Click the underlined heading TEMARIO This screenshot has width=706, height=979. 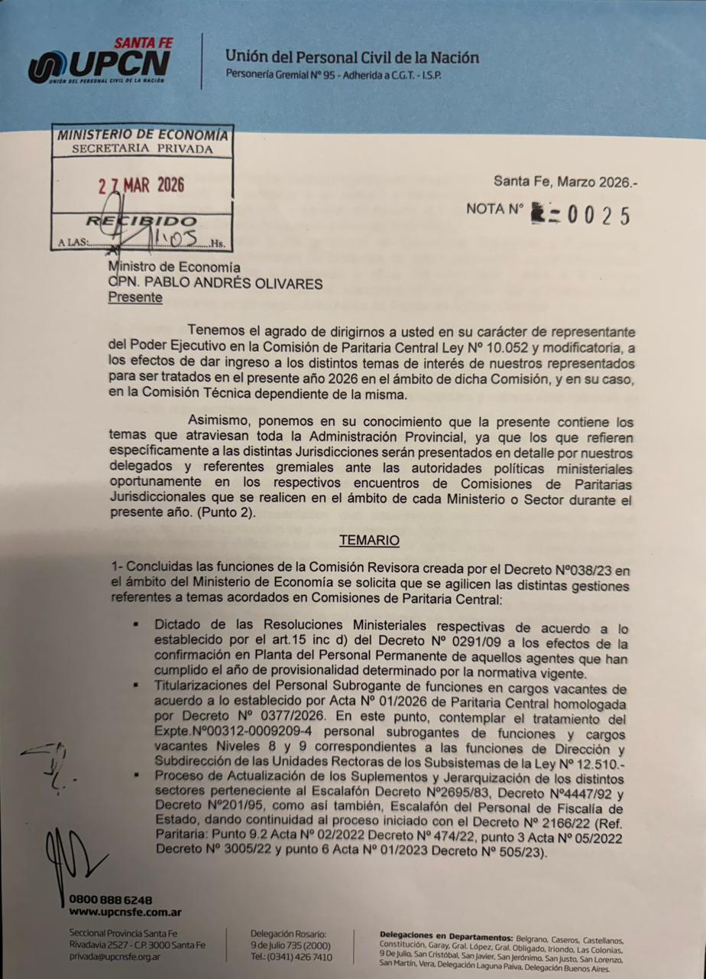click(x=369, y=540)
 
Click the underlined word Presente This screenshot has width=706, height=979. click(x=135, y=298)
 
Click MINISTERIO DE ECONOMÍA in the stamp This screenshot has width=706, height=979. click(x=142, y=135)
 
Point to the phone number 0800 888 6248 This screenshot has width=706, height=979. click(x=111, y=899)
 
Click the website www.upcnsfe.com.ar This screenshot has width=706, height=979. click(x=125, y=912)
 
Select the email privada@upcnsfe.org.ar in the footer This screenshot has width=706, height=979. click(x=115, y=957)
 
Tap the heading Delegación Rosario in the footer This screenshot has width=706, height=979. click(x=288, y=934)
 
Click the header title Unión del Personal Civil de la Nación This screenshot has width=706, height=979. click(x=352, y=57)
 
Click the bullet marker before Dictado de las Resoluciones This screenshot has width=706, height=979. click(x=135, y=624)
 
